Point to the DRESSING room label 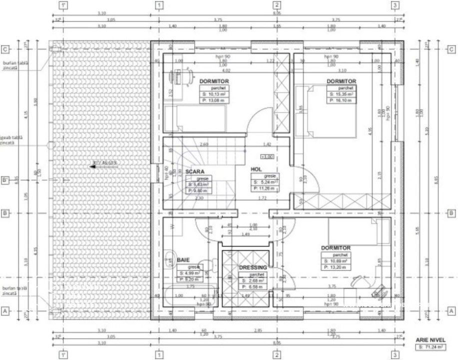253,268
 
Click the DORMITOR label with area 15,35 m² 341,81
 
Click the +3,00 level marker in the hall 268,156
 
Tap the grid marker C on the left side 5,49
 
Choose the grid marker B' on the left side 5,181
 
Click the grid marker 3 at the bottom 395,354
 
